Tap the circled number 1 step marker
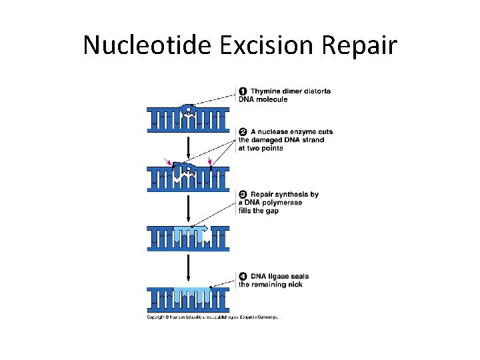coord(243,91)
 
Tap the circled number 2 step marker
coord(243,132)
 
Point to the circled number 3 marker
coord(243,195)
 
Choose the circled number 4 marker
coord(243,276)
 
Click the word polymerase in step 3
coord(283,203)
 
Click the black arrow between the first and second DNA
coord(189,147)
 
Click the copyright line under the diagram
coord(212,317)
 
